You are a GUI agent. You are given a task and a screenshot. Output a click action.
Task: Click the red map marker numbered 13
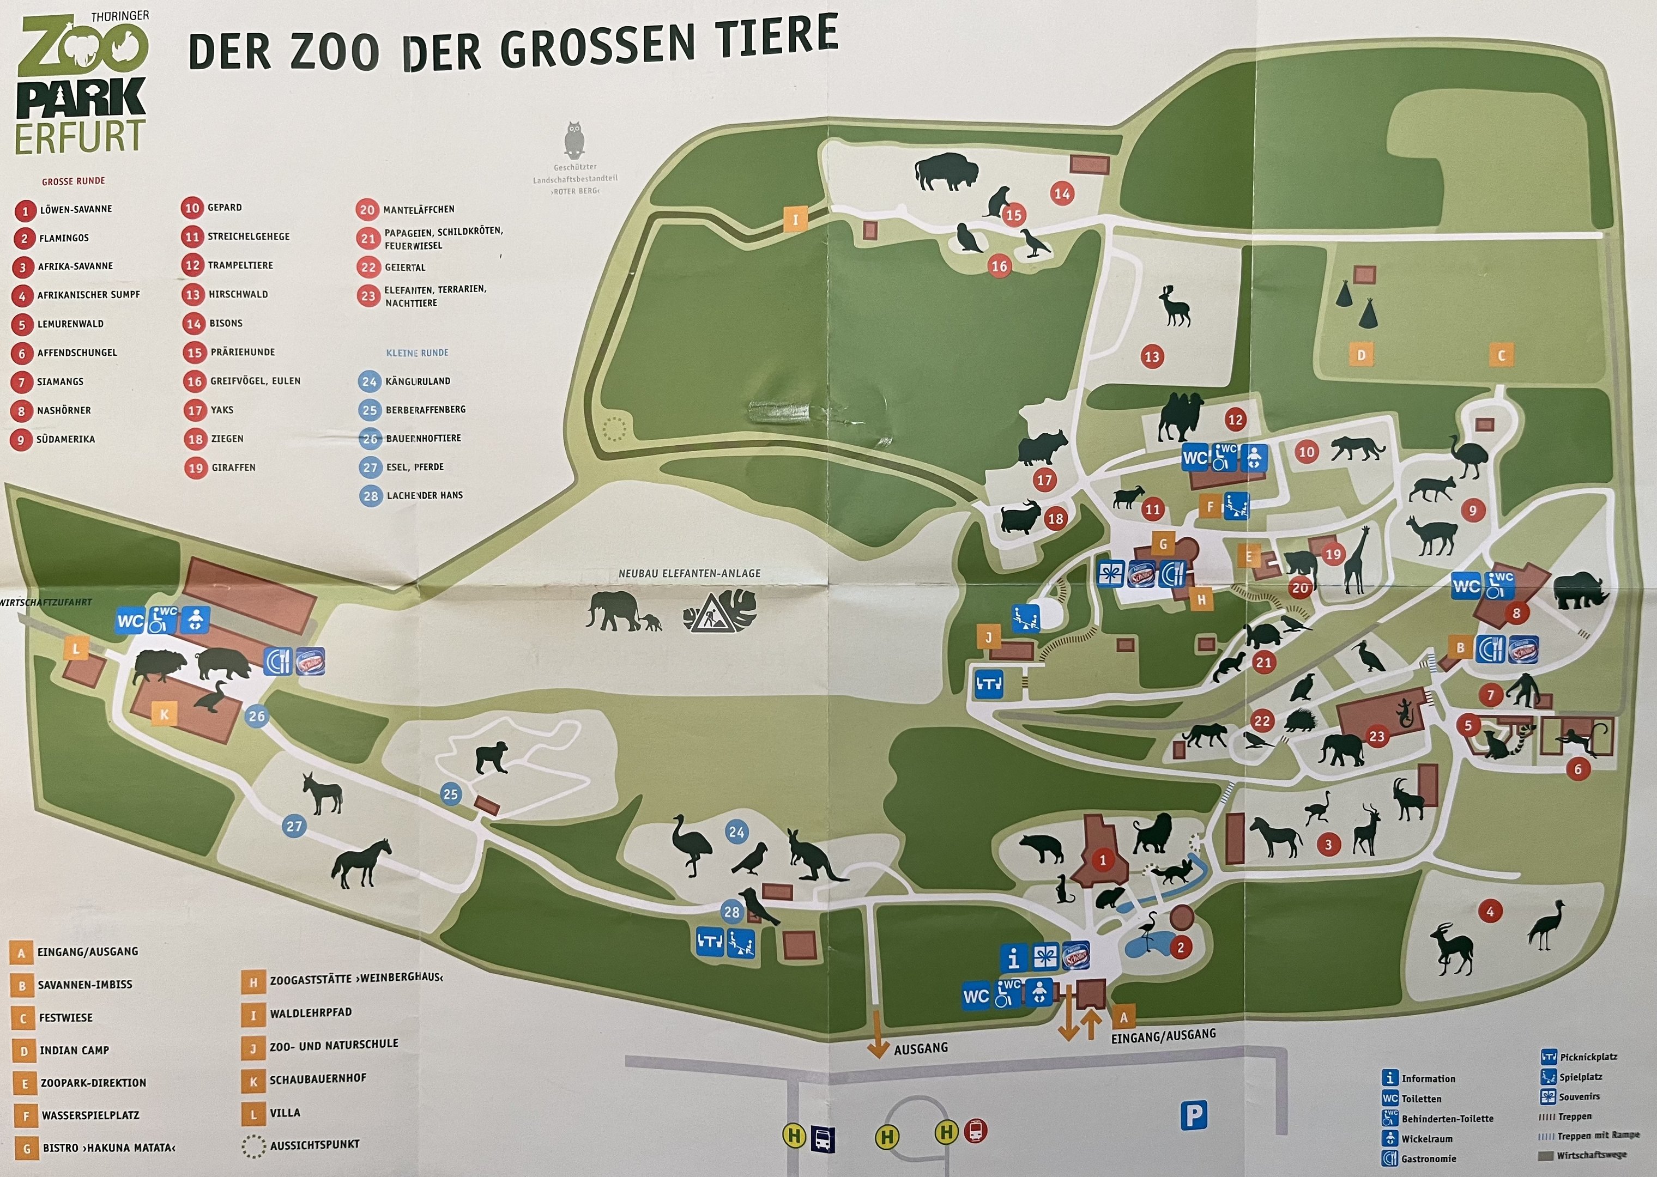tap(1152, 356)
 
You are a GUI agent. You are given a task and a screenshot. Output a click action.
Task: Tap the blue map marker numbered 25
tap(451, 793)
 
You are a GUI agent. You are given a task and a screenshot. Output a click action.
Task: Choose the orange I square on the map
tap(795, 220)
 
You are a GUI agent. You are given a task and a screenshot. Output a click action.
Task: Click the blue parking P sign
tap(1193, 1115)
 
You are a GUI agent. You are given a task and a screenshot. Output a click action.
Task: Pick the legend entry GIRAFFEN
tap(233, 468)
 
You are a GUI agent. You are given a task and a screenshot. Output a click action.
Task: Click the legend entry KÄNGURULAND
tap(418, 381)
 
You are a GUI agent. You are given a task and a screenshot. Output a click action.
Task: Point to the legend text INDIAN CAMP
tap(74, 1050)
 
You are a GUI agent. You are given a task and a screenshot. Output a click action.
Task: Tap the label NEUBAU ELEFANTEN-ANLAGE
tap(690, 573)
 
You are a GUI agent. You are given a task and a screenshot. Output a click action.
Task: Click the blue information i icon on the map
tap(1013, 958)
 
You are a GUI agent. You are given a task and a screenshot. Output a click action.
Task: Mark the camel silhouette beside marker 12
tap(1181, 417)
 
